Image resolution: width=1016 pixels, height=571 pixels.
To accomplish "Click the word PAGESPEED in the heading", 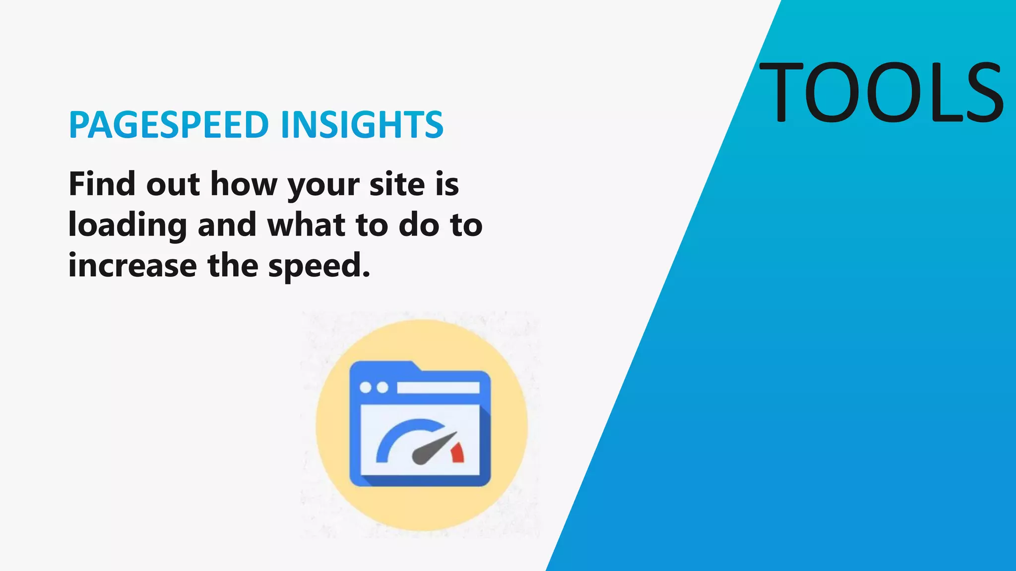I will point(169,124).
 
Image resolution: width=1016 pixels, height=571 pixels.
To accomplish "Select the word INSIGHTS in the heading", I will point(362,124).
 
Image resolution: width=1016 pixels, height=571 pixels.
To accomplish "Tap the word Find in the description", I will point(102,184).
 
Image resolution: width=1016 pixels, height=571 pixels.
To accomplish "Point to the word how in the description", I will point(244,184).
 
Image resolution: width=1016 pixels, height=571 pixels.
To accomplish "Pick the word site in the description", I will point(397,184).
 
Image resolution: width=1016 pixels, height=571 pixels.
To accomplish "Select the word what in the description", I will point(306,225).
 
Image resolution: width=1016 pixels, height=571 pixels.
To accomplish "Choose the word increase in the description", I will point(132,265).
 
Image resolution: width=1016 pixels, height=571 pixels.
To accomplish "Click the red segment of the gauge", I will point(457,453).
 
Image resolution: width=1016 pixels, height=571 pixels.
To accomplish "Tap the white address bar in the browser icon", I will point(438,388).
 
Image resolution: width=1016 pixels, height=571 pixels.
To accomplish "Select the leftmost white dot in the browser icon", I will point(365,388).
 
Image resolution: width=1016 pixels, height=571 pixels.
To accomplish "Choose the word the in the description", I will point(233,265).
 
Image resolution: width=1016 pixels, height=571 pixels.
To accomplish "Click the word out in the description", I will point(173,184).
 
